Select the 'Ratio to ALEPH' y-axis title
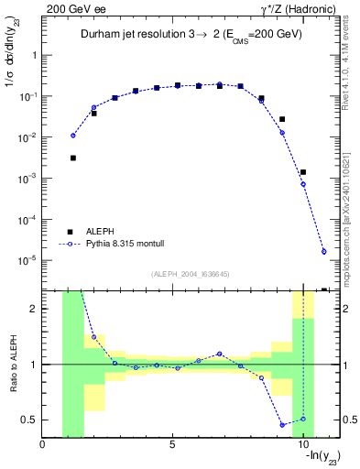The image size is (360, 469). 13,365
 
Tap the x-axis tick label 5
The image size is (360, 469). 172,446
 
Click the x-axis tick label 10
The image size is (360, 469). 302,446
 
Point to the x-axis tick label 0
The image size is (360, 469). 43,446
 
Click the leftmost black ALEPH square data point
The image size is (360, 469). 72,158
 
